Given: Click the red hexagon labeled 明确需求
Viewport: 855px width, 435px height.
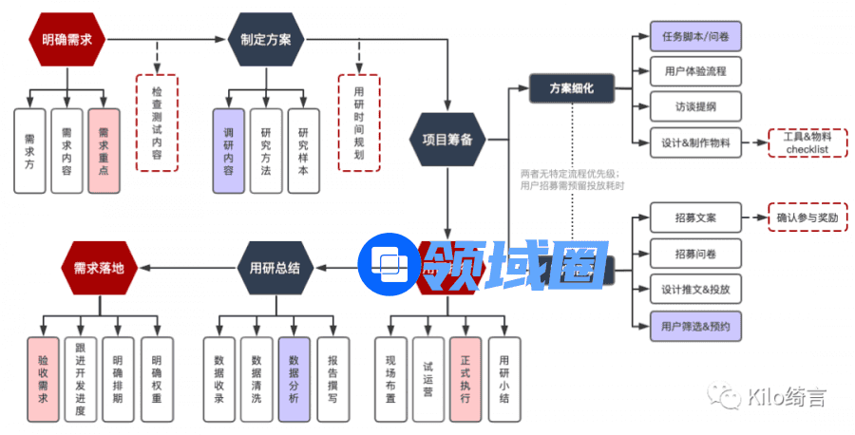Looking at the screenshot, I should coord(66,40).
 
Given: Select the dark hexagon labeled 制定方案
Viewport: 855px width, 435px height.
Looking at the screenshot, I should coord(266,40).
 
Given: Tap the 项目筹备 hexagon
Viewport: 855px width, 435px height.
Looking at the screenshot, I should coord(446,139).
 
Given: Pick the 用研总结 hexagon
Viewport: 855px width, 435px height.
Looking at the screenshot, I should coord(275,268).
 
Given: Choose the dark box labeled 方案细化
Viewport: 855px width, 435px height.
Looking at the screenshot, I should coord(572,88).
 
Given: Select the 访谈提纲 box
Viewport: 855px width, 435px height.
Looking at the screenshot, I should coord(695,105).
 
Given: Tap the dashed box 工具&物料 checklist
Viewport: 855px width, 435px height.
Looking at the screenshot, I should coord(807,143).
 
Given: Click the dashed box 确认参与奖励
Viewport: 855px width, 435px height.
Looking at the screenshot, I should coord(807,217).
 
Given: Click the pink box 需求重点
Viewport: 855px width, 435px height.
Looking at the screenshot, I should coord(104,150).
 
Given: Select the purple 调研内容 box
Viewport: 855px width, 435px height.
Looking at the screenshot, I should coord(228,150).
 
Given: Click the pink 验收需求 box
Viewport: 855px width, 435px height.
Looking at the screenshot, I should coord(43,379).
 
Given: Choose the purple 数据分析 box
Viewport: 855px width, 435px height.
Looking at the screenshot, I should coord(294,379).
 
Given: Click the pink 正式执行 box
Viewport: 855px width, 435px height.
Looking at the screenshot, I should coord(465,379).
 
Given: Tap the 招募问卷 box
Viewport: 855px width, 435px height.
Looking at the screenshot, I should coord(695,254).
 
